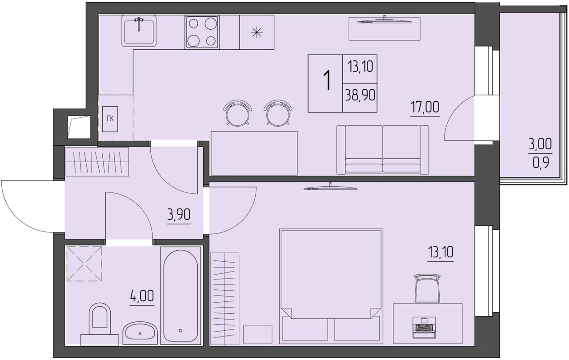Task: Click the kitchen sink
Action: click(139, 31)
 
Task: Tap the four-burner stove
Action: click(202, 32)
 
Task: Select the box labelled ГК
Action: click(110, 119)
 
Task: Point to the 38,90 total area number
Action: click(360, 96)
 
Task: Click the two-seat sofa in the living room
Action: click(383, 150)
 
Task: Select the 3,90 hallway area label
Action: click(179, 215)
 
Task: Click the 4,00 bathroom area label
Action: click(142, 296)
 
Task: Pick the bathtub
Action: click(180, 295)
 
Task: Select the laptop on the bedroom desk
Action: click(423, 327)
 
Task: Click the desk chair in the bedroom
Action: click(428, 288)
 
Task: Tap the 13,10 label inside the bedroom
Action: click(441, 252)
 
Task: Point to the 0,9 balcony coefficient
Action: click(541, 163)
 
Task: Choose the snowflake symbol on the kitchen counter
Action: click(256, 33)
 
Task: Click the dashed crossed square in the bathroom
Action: click(84, 264)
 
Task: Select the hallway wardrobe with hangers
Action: click(97, 161)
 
